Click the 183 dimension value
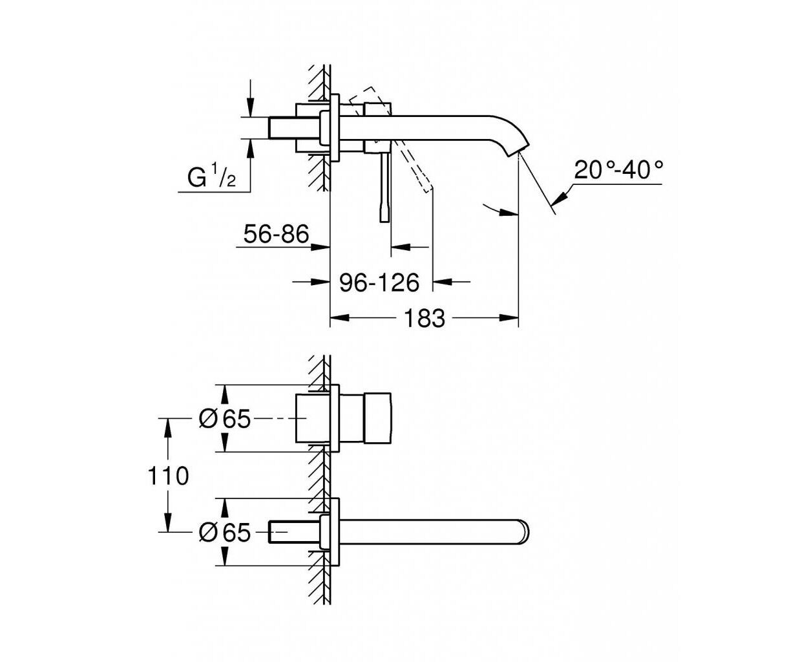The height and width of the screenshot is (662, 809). coord(425,318)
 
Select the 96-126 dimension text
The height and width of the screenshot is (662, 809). coord(379,283)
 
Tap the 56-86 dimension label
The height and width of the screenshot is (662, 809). coord(276,234)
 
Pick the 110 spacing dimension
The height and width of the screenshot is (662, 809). coord(169,476)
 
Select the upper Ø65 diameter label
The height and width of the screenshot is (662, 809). coord(225,418)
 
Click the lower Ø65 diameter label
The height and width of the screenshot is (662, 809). coord(225,532)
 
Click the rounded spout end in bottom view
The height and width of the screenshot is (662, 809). coord(525,532)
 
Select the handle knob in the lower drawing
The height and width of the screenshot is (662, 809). coord(377,418)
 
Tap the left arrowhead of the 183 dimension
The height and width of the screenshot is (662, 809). coord(340,318)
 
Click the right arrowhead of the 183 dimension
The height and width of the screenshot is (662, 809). coord(509,318)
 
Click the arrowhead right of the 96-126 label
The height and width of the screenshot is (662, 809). coord(442,282)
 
